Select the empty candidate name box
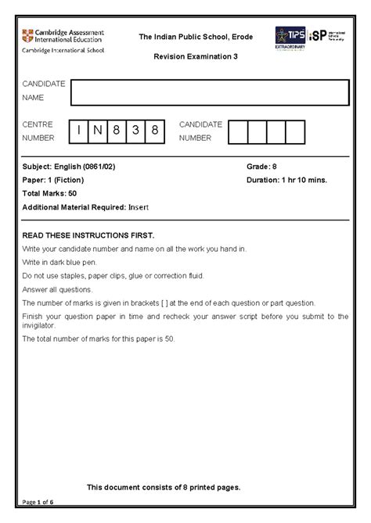(209, 91)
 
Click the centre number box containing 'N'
(96, 131)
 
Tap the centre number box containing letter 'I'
(77, 131)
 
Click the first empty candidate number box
(237, 131)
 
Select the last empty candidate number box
(294, 131)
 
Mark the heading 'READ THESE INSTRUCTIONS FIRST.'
(88, 235)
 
